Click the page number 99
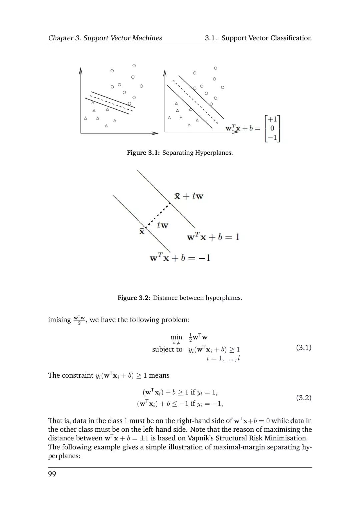52,474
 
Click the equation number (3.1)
304,348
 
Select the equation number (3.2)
304,397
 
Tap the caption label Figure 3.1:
143,153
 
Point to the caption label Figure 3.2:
134,298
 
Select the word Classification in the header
291,38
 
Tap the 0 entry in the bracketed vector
272,128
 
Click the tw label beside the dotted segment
162,225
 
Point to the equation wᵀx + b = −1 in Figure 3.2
180,258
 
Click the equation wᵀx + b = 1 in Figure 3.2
213,237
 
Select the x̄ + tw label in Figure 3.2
189,196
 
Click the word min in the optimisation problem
176,337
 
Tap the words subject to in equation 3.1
167,349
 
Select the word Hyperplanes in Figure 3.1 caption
214,153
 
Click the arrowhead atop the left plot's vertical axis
81,70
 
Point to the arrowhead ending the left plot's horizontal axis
155,133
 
